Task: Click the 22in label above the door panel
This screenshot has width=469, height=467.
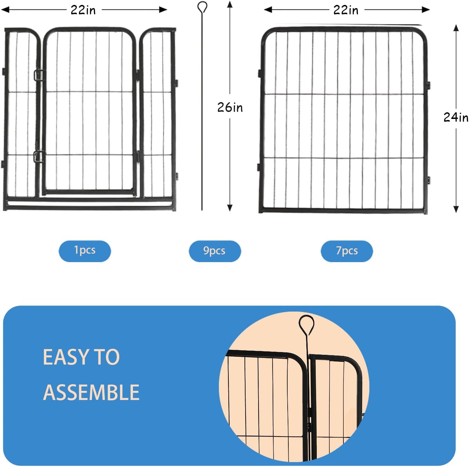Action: (x=83, y=10)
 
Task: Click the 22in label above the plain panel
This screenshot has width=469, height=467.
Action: (x=346, y=10)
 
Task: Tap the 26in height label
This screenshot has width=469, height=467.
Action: (x=230, y=107)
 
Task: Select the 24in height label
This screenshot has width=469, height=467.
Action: (x=456, y=117)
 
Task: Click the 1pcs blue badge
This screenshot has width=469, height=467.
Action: (x=85, y=251)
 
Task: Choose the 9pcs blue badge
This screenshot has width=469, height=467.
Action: (x=215, y=251)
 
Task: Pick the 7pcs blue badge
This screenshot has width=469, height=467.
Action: (x=347, y=251)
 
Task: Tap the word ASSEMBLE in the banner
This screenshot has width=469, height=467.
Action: (x=91, y=392)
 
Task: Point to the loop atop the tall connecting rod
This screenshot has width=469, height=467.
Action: (x=202, y=7)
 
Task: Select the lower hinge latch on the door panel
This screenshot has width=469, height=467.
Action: (x=38, y=156)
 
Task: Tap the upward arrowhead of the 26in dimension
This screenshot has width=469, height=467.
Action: (x=230, y=4)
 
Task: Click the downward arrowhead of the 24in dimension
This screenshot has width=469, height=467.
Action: (x=456, y=209)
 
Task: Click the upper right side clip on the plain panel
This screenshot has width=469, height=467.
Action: (x=428, y=85)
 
